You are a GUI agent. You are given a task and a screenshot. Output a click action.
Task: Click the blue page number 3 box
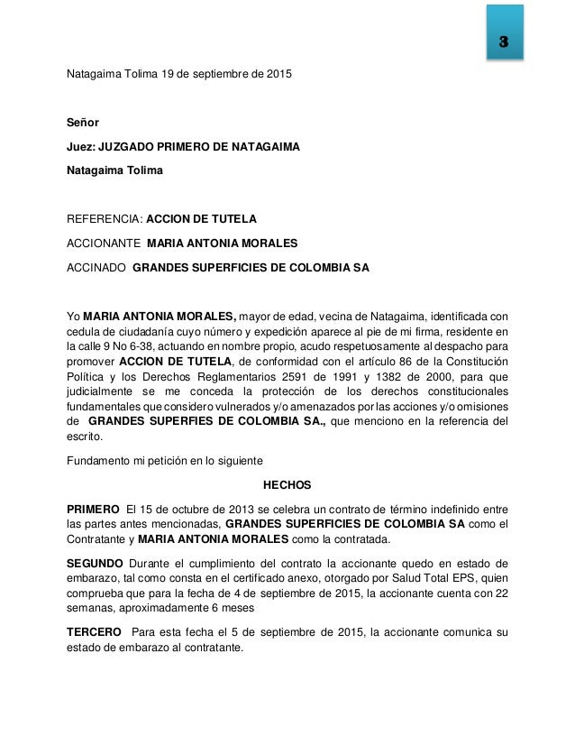click(x=504, y=42)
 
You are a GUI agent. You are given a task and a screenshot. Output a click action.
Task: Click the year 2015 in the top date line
click(x=277, y=72)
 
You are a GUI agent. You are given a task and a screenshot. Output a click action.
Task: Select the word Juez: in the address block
click(x=80, y=145)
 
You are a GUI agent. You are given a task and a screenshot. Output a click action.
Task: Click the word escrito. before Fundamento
click(x=87, y=437)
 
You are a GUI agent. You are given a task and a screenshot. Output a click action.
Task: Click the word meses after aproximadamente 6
click(x=236, y=607)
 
